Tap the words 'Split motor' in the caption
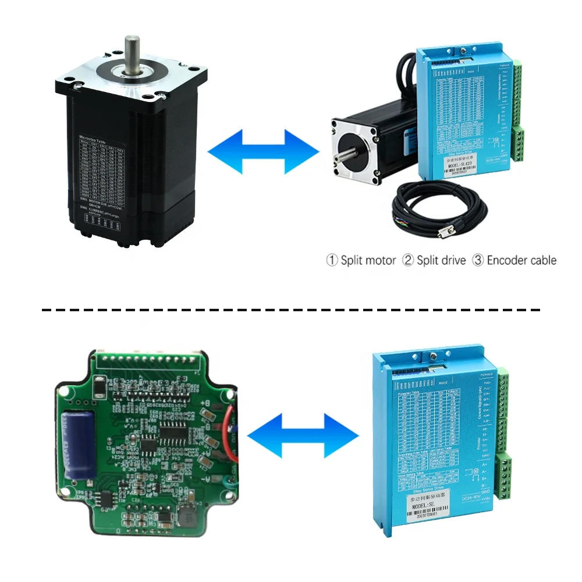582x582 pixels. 368,260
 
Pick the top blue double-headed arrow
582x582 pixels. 264,150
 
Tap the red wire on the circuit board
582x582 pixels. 232,428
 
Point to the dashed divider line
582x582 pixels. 291,310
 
